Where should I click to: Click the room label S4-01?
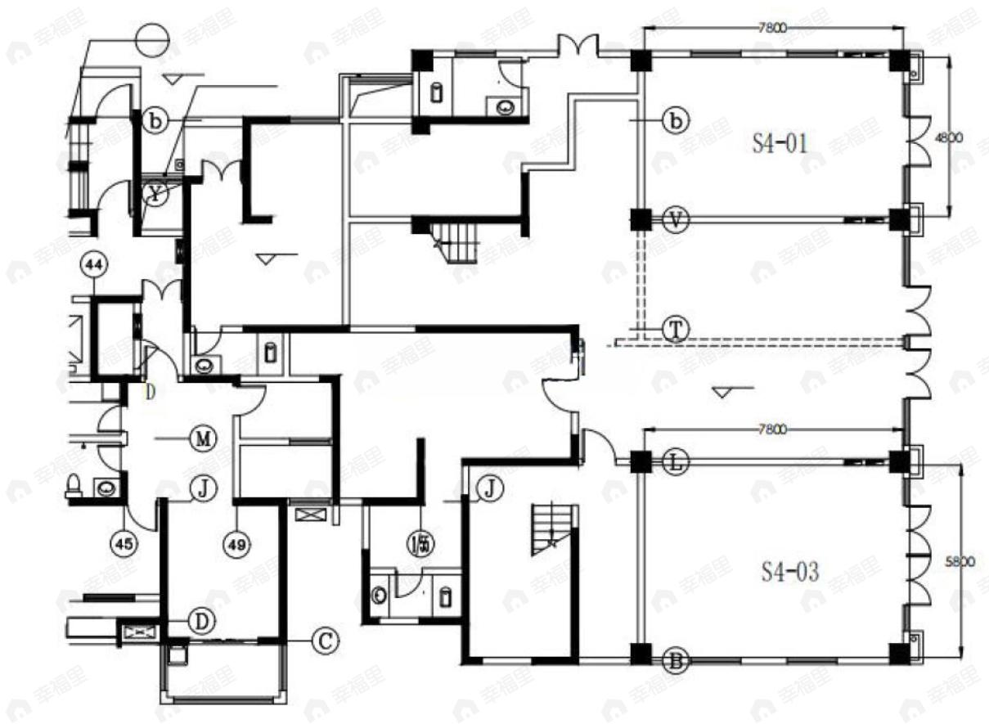point(780,146)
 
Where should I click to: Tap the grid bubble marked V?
point(676,220)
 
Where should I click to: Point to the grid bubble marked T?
point(676,329)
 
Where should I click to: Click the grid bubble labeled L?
point(676,462)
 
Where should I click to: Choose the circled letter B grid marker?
point(676,659)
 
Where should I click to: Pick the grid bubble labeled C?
point(325,640)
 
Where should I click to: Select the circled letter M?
point(201,438)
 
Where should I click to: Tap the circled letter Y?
point(155,194)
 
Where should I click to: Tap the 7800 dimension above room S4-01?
point(773,27)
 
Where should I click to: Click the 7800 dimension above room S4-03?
point(773,428)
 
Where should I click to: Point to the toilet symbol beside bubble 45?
point(74,486)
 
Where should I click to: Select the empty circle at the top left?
point(151,38)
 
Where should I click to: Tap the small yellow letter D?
point(150,391)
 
